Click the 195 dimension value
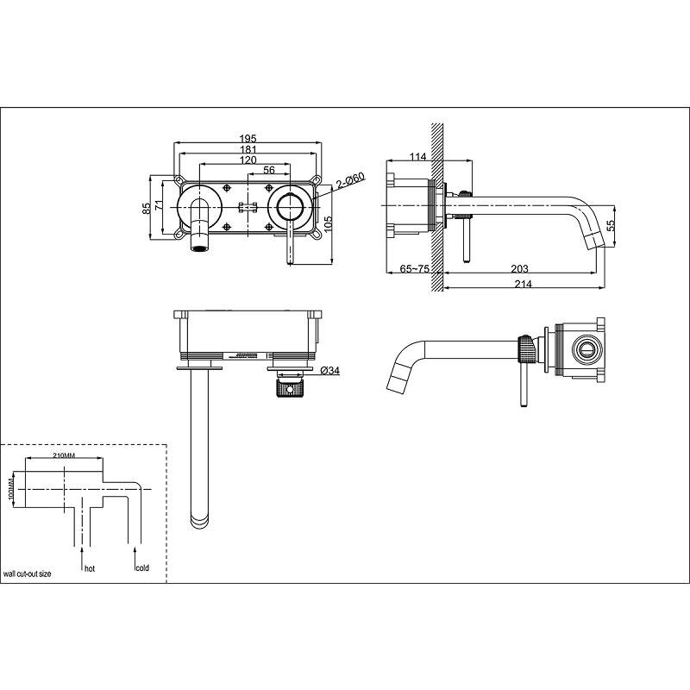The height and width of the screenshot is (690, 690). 248,139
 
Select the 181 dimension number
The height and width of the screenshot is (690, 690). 248,149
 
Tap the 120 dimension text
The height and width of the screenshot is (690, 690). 248,160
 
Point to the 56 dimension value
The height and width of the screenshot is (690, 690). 269,170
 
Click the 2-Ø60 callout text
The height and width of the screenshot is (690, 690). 351,181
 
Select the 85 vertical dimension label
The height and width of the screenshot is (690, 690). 147,208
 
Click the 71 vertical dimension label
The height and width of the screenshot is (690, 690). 160,205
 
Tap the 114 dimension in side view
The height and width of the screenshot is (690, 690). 418,156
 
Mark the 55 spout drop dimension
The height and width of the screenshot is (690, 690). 611,226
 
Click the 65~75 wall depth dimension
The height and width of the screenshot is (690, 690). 414,268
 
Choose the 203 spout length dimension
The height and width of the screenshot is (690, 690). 519,268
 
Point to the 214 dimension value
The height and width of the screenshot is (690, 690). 524,284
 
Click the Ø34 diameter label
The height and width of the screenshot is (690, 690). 330,371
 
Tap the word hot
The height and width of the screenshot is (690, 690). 90,568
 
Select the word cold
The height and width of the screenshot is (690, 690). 142,568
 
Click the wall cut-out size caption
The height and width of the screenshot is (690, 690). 28,574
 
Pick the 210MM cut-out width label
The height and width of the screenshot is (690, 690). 64,455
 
